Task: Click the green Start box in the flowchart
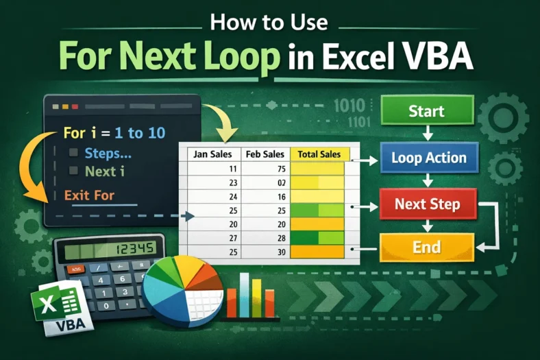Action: [x=426, y=111]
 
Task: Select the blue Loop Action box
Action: [x=428, y=158]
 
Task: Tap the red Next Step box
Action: [x=427, y=204]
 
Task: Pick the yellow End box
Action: [x=426, y=248]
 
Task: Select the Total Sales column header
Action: [x=319, y=154]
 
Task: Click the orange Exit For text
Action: [x=89, y=195]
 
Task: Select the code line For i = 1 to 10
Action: [x=114, y=132]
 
